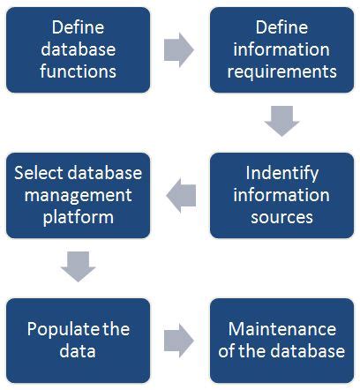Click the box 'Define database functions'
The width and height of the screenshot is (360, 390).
coord(78,49)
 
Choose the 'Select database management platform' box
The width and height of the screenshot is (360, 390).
coord(78,194)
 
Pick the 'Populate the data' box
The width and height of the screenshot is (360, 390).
coord(78,340)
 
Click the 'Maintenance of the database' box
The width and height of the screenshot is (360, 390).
coord(281,340)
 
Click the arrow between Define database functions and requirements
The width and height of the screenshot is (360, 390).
coord(179,49)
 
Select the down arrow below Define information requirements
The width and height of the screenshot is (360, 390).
coord(281,122)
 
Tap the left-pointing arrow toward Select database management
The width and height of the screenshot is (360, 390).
coord(180,192)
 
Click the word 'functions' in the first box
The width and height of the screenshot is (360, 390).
coord(78,70)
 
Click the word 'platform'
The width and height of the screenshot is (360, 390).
coord(78,215)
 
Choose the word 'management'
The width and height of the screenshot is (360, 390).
coord(78,194)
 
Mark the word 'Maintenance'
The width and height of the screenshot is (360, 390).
coord(281,330)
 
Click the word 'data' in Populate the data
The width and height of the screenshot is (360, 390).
coord(78,351)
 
